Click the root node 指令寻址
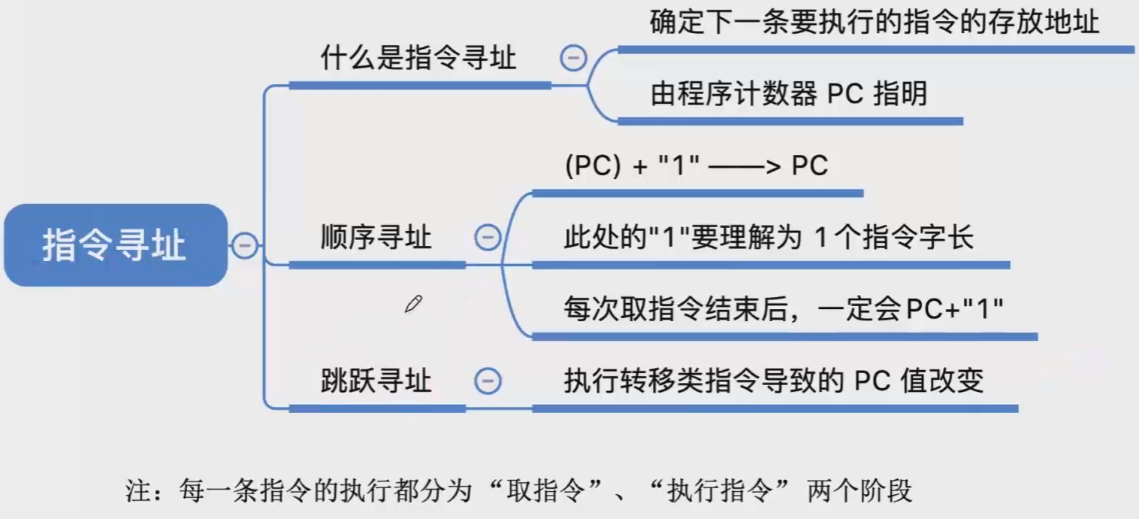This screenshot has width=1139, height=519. (x=114, y=245)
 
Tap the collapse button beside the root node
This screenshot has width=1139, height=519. (x=244, y=245)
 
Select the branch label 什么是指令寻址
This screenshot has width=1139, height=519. (x=418, y=58)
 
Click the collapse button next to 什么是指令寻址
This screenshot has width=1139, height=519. (x=574, y=58)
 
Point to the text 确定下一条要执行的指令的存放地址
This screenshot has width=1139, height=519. (x=875, y=22)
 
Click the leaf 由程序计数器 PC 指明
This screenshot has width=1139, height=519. (x=789, y=94)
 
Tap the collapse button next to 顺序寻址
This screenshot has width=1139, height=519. (x=487, y=238)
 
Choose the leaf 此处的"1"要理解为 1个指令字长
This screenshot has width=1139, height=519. (x=769, y=238)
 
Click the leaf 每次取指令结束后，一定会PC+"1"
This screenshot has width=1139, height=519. (x=784, y=309)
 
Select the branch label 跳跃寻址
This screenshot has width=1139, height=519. (x=376, y=381)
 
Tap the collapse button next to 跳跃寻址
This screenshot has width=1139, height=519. (x=487, y=381)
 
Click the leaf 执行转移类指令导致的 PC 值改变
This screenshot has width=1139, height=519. (x=773, y=381)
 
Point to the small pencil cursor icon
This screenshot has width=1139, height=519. (x=413, y=305)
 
